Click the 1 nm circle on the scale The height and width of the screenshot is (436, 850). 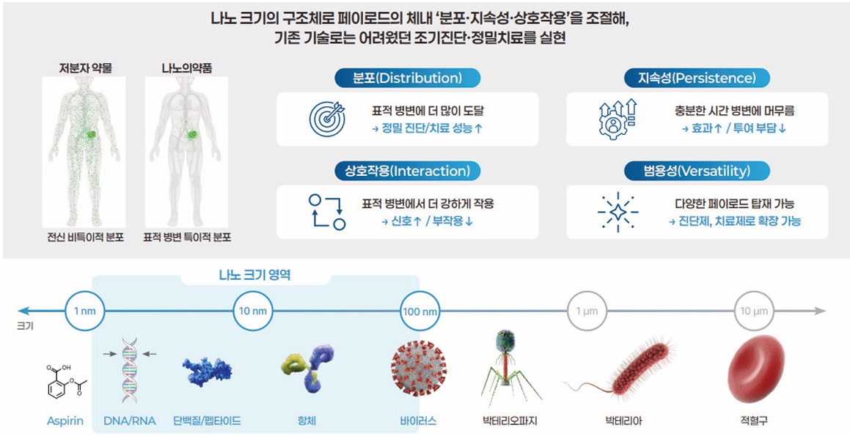[x=84, y=311]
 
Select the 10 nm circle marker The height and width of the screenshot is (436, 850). [x=252, y=311]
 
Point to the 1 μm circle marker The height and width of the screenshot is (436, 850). [x=587, y=311]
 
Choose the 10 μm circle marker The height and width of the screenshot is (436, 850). [x=753, y=311]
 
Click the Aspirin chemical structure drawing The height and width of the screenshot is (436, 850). [x=66, y=381]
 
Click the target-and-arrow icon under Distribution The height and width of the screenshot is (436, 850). [x=326, y=119]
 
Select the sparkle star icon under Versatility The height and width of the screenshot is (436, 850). [x=618, y=212]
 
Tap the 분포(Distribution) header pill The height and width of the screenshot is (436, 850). [x=408, y=78]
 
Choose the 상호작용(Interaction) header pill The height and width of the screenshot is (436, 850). [x=408, y=171]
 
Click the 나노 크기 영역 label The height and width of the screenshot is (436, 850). [x=254, y=275]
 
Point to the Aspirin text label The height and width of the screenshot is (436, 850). [x=65, y=421]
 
